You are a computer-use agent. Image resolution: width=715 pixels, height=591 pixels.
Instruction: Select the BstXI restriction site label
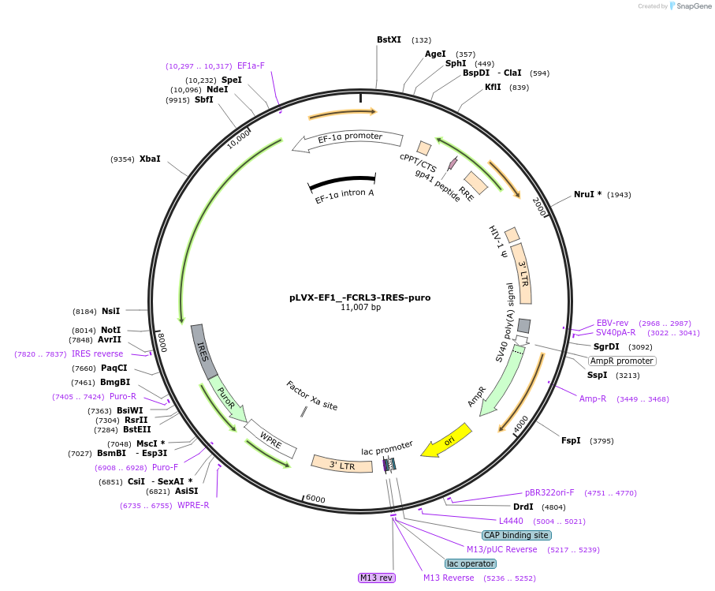pyautogui.click(x=389, y=39)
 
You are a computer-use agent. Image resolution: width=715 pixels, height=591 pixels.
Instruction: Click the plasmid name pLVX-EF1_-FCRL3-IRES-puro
pyautogui.click(x=359, y=297)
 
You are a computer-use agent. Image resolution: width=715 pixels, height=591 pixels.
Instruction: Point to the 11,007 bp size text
pyautogui.click(x=359, y=308)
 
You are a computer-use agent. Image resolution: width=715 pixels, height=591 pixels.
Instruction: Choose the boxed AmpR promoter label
pyautogui.click(x=622, y=361)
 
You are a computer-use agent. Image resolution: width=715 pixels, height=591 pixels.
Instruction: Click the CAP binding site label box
pyautogui.click(x=516, y=535)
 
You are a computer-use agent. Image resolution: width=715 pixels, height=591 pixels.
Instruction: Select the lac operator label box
pyautogui.click(x=471, y=563)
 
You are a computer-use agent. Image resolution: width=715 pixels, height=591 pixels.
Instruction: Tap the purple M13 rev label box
pyautogui.click(x=376, y=578)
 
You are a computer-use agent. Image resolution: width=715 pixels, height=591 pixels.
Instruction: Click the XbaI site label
pyautogui.click(x=150, y=159)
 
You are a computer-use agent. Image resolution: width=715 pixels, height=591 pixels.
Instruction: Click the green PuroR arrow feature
pyautogui.click(x=227, y=398)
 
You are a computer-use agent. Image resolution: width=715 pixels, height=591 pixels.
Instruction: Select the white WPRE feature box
pyautogui.click(x=270, y=440)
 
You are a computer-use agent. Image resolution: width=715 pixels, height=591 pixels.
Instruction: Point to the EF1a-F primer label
pyautogui.click(x=251, y=66)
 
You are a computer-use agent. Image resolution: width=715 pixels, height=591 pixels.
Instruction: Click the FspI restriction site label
pyautogui.click(x=571, y=440)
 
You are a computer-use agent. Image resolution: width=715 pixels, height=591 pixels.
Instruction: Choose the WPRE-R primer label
pyautogui.click(x=193, y=505)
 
